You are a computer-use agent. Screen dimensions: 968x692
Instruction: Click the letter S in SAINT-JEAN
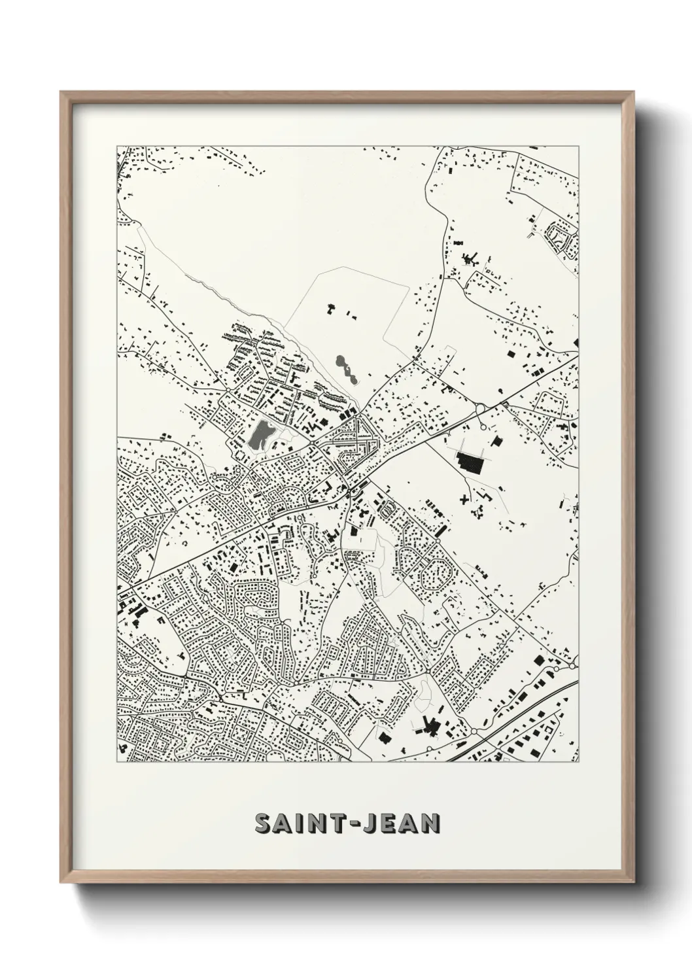[265, 823]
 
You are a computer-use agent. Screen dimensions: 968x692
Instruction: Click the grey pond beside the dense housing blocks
[260, 434]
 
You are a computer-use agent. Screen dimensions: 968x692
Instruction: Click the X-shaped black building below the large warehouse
[465, 499]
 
